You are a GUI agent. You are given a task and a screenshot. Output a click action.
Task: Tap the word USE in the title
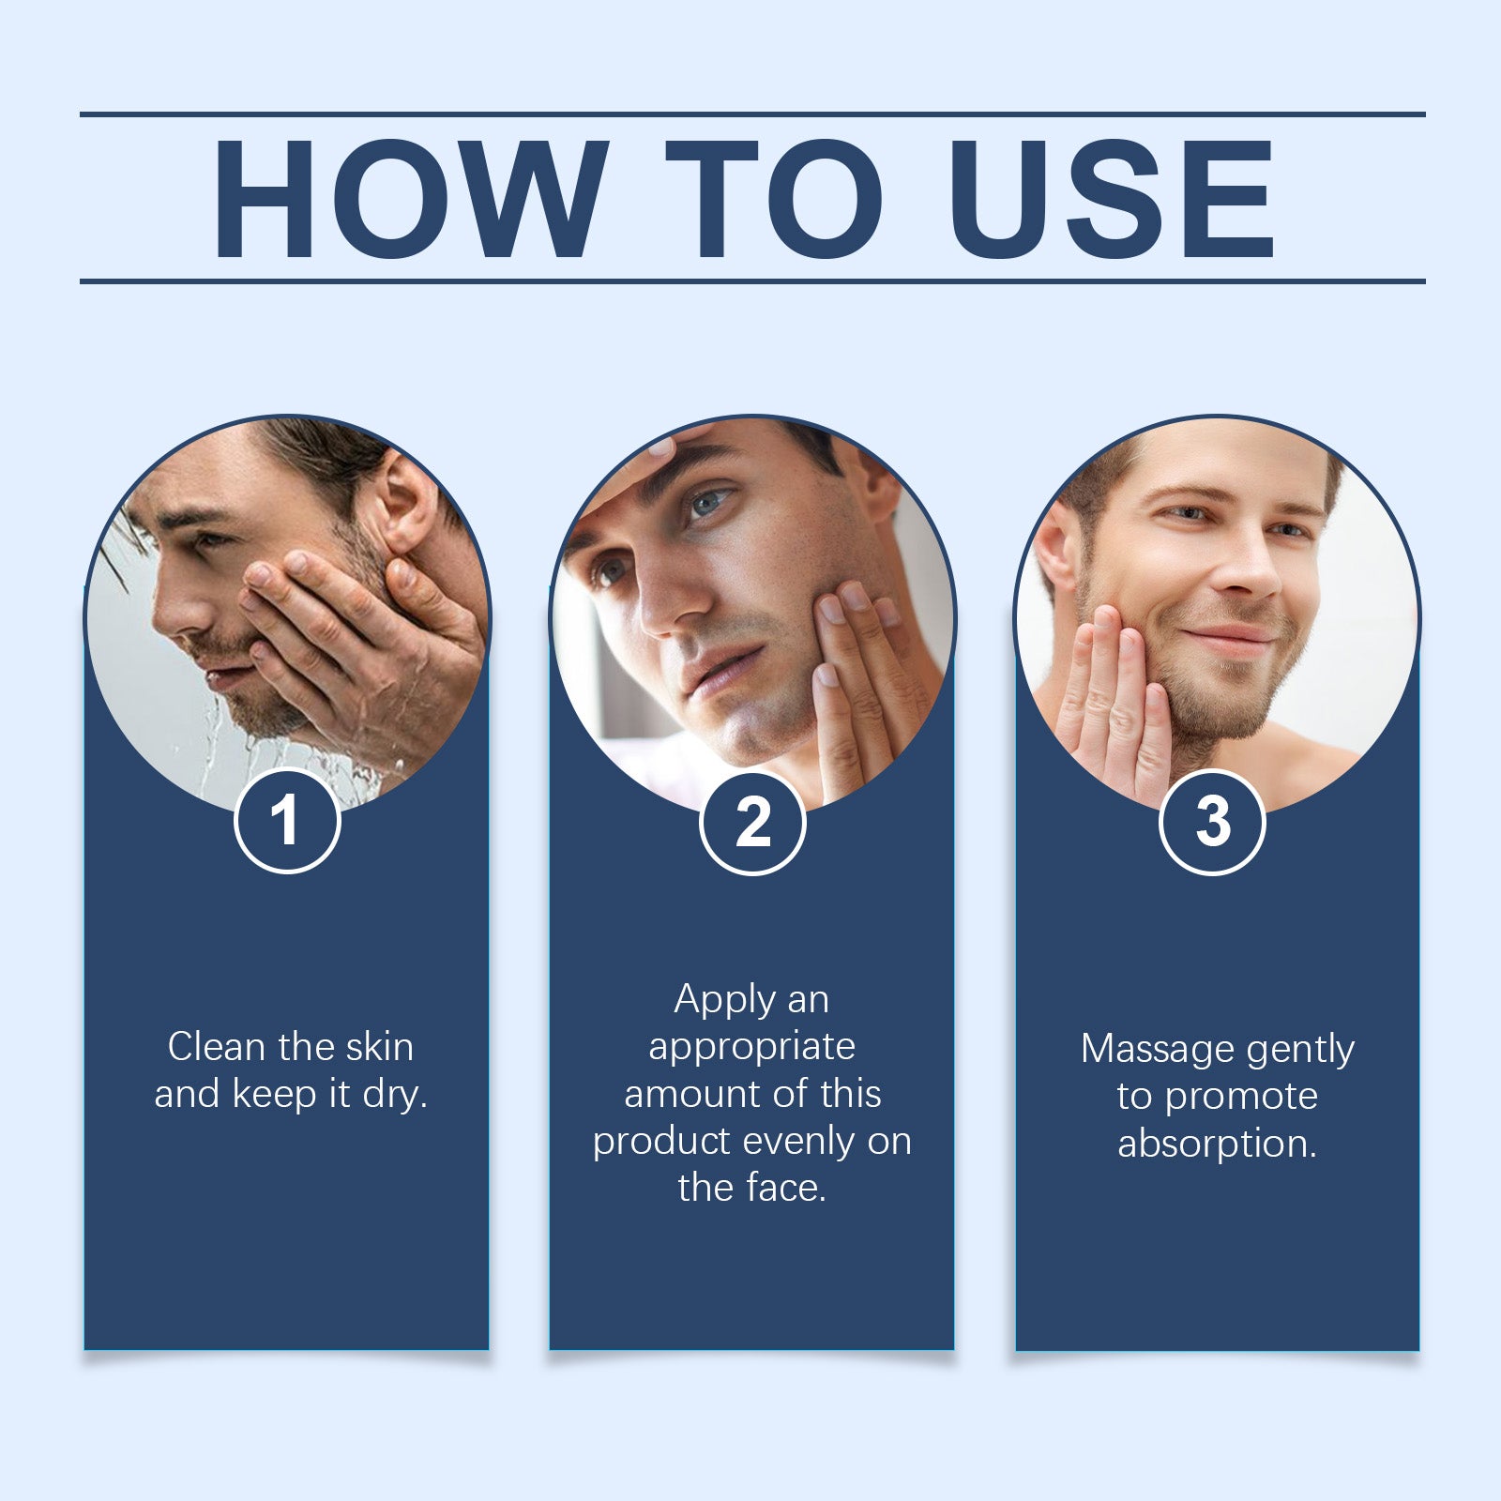[x=1112, y=199]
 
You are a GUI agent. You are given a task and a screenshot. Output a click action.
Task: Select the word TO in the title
[x=774, y=199]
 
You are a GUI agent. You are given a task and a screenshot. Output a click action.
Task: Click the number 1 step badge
[x=286, y=821]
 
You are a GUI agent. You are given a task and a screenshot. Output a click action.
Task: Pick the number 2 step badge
[x=752, y=823]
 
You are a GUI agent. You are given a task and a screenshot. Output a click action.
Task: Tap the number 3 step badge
[x=1212, y=822]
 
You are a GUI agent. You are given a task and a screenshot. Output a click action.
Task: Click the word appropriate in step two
[x=751, y=1047]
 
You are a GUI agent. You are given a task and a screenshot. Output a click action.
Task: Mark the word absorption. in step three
[x=1217, y=1144]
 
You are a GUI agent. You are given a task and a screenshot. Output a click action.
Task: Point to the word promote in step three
[x=1241, y=1096]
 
